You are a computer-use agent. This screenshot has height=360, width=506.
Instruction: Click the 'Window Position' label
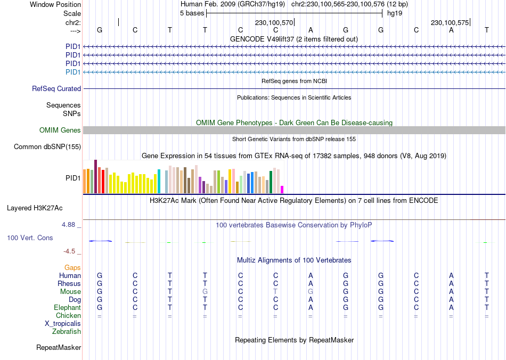[x=55, y=4]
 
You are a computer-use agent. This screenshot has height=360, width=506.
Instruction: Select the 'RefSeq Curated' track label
[x=56, y=89]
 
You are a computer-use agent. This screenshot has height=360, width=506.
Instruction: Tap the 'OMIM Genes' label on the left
[x=60, y=130]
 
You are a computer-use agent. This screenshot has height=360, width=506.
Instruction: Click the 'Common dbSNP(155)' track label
[x=47, y=147]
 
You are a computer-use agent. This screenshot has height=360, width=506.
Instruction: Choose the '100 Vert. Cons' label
[x=30, y=238]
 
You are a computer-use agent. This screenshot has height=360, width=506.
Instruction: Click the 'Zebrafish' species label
[x=67, y=332]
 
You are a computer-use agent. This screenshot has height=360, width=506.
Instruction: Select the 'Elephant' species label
[x=67, y=308]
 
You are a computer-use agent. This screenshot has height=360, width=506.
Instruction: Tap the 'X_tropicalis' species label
[x=63, y=324]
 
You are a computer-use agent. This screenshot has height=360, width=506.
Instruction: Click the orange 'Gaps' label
[x=72, y=268]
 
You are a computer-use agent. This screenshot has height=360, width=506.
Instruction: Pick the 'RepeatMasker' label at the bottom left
[x=59, y=348]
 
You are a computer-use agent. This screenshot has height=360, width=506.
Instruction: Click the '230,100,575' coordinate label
[x=450, y=23]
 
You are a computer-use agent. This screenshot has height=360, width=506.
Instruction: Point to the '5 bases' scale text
[x=192, y=13]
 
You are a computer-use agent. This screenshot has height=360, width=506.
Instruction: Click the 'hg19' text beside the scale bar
[x=395, y=13]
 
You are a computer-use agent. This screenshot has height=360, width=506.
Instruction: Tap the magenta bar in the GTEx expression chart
[x=282, y=190]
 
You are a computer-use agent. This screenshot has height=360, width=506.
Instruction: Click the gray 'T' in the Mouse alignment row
[x=275, y=292]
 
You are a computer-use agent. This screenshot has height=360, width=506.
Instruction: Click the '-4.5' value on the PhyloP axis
[x=70, y=251]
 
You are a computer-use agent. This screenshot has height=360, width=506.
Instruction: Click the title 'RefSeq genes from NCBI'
[x=294, y=81]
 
